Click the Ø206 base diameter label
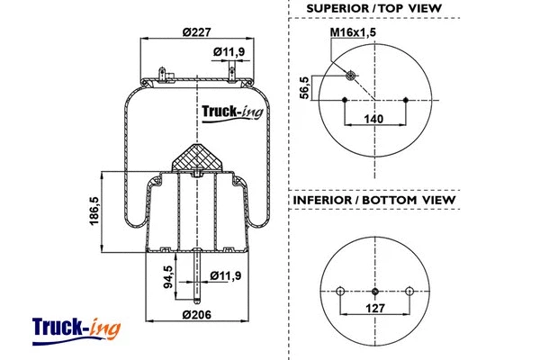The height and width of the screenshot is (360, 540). (196, 315)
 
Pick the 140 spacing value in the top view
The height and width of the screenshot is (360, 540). (375, 118)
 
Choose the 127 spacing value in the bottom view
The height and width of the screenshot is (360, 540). (374, 309)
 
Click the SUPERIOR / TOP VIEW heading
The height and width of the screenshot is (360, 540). (373, 8)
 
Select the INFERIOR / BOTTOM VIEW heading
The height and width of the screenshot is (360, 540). (373, 199)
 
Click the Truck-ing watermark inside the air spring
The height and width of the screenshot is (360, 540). (228, 112)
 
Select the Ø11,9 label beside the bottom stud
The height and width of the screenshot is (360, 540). (227, 274)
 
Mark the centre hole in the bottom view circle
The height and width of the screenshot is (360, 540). (374, 291)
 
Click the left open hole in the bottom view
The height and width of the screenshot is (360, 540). (339, 291)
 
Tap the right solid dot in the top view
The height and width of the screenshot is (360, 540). (407, 99)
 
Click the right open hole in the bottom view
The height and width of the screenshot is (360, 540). (409, 291)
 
